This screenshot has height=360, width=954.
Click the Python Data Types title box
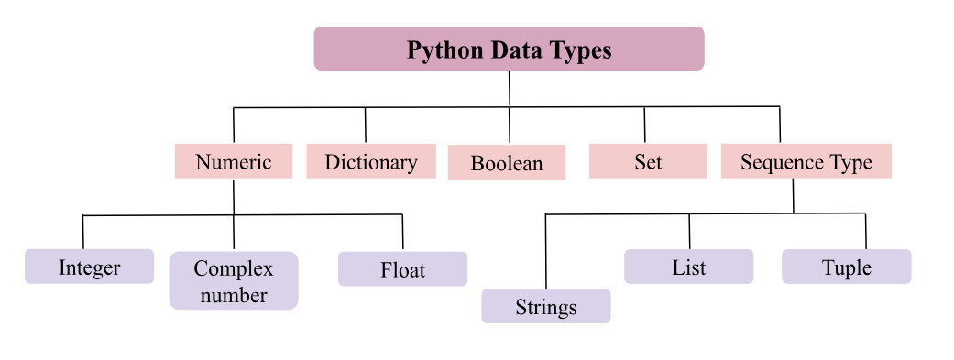tap(509, 49)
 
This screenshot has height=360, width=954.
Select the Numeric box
tap(234, 162)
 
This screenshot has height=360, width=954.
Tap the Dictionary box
tap(370, 162)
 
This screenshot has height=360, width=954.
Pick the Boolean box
tap(507, 163)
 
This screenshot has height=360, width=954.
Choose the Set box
tap(647, 162)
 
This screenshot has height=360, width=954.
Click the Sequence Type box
tap(806, 162)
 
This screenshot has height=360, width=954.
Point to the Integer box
tap(89, 267)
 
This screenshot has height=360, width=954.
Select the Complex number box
tap(234, 281)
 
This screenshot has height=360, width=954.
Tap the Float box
tap(402, 270)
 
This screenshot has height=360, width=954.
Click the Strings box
tap(545, 306)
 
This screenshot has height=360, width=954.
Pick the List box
tap(688, 267)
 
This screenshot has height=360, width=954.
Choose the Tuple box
tap(846, 267)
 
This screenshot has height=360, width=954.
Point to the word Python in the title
tap(440, 49)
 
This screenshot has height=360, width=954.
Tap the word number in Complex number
tap(234, 295)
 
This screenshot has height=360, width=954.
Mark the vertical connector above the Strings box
tap(545, 252)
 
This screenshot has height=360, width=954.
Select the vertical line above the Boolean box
tap(510, 125)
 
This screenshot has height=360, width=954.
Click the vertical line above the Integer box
tap(83, 232)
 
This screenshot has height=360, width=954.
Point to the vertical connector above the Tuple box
tap(865, 231)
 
